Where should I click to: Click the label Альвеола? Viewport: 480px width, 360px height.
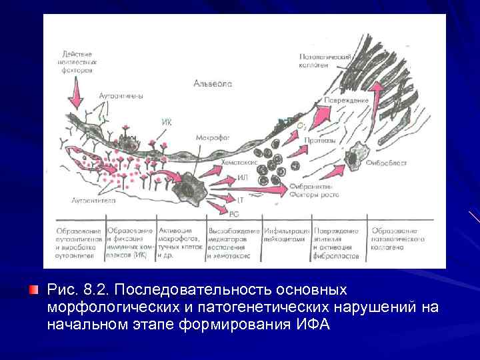[x=213, y=83]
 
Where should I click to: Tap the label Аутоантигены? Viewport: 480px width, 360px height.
[x=121, y=96]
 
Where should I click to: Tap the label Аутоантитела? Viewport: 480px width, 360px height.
[x=94, y=199]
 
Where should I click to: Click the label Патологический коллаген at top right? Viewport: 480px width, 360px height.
[x=325, y=62]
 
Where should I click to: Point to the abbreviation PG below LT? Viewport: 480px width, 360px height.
[x=234, y=213]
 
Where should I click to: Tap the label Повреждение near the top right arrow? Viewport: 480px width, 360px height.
[x=346, y=100]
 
